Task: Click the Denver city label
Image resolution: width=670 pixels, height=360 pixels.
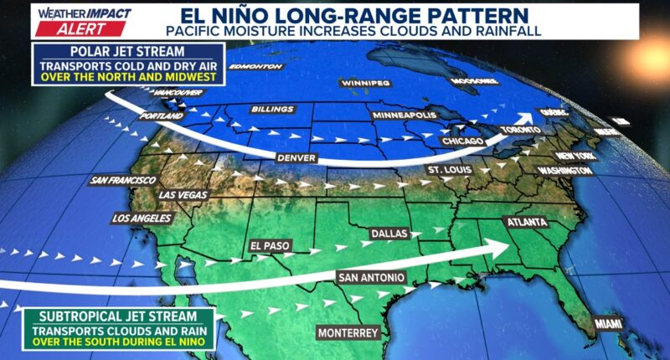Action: click(x=296, y=157)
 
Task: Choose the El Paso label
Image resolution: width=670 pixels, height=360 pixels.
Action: click(x=269, y=246)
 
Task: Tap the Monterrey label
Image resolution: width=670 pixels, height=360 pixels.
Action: click(x=349, y=332)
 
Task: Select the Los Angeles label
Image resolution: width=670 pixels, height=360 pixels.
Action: click(x=142, y=219)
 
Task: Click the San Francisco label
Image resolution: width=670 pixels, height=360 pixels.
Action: click(x=123, y=180)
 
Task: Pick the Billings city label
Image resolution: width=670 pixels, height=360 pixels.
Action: click(x=272, y=110)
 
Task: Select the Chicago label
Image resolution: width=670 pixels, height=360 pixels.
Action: click(x=463, y=141)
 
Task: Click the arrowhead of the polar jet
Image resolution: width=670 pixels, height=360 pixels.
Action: click(x=526, y=118)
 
